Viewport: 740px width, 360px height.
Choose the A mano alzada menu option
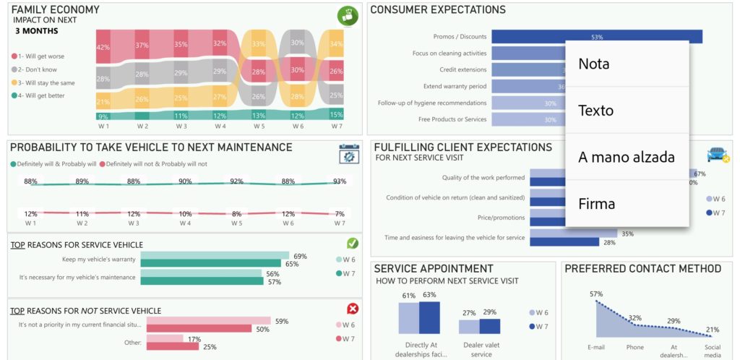[627, 157]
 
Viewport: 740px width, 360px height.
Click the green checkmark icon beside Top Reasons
[353, 244]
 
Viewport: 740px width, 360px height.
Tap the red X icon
[353, 309]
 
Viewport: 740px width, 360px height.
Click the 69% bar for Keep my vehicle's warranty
[215, 256]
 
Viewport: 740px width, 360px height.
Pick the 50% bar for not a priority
[208, 330]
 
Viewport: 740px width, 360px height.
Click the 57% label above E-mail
[596, 294]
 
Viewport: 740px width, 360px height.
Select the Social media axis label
[713, 351]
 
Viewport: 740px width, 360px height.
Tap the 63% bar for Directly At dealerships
[429, 317]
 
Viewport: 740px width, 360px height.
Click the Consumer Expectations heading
[437, 10]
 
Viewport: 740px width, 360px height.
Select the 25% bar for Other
[172, 346]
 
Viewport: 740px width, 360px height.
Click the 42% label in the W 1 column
[103, 48]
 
